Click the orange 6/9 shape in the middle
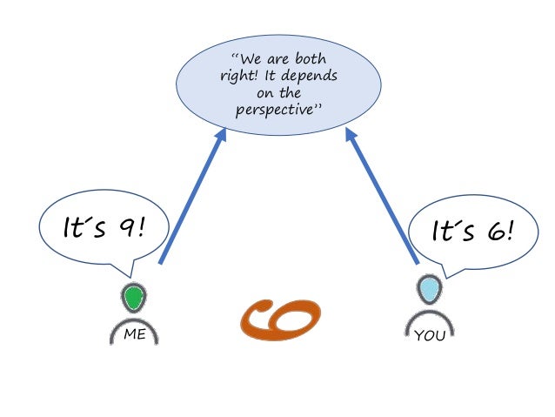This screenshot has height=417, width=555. tap(280, 319)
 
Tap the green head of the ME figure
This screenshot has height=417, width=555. tap(133, 299)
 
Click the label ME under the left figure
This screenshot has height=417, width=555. tap(134, 333)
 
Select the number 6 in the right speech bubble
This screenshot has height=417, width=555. tap(494, 231)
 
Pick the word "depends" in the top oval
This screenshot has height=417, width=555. tap(308, 77)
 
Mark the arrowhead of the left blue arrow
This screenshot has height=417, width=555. tap(222, 132)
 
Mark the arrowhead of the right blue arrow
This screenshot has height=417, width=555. tap(351, 134)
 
